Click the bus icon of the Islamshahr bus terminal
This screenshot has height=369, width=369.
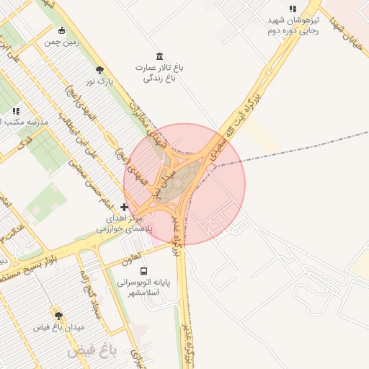143,272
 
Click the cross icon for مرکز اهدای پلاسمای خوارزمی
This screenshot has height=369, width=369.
124,207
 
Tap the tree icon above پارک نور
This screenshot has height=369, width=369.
99,70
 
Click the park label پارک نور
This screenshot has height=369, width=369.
99,82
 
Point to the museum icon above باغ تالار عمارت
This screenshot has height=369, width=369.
159,56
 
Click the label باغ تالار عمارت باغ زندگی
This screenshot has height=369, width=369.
159,73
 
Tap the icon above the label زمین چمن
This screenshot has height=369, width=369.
61,30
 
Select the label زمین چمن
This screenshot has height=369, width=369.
61,43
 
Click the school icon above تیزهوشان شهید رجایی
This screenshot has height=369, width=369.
293,9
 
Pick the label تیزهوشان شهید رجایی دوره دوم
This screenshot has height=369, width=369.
293,26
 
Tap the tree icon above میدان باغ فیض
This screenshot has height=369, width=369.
58,315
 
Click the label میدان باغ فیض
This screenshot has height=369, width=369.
59,327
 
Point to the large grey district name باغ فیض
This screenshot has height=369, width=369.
92,352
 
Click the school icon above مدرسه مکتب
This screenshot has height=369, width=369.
16,112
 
